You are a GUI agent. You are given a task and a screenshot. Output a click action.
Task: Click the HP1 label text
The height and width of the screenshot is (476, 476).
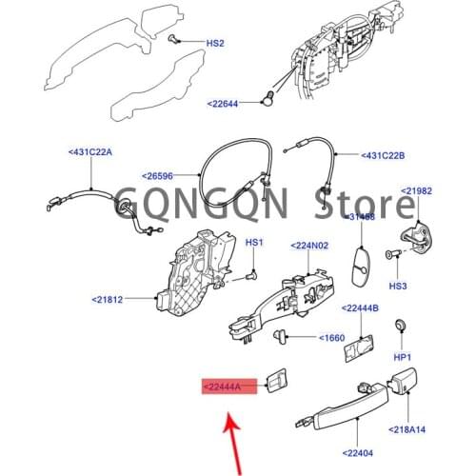coord(402,357)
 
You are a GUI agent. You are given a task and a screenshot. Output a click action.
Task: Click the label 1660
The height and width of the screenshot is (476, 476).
coord(330,337)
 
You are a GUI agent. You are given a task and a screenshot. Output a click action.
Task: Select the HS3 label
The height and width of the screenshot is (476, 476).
coord(398,286)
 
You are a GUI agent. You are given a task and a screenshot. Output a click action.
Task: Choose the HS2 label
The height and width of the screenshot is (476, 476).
coord(215,43)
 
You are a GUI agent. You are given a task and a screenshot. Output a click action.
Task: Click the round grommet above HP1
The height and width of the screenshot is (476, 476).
coord(401,327)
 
